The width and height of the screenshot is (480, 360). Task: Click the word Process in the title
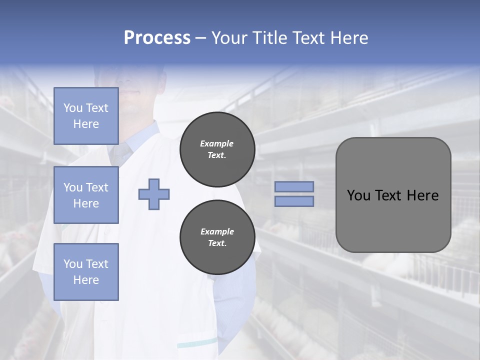(157, 38)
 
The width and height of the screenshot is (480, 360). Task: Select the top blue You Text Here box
(86, 116)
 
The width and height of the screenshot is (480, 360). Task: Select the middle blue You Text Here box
(86, 195)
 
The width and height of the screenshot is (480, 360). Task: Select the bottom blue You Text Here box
(86, 271)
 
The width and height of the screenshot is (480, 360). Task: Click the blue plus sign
(154, 194)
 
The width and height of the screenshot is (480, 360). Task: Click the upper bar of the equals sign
(294, 186)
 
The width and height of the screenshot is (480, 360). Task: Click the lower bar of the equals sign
(294, 201)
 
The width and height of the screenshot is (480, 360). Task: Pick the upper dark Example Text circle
(217, 149)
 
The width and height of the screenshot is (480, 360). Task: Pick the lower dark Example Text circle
(217, 237)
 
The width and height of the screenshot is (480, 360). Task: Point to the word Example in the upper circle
(216, 143)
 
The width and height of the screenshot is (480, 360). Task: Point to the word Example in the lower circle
(216, 231)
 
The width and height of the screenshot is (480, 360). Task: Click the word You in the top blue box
(73, 108)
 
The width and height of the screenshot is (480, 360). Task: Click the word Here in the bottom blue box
(86, 280)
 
